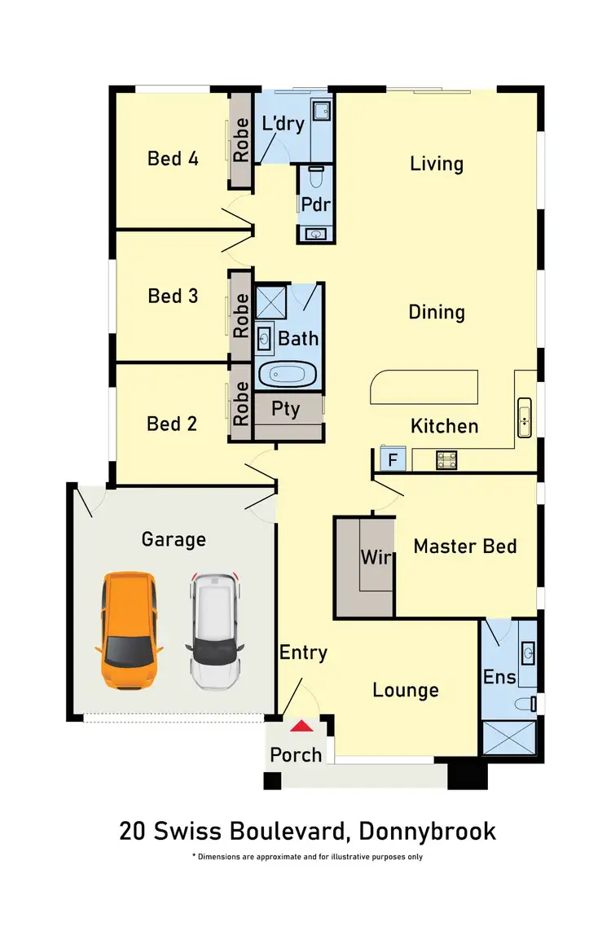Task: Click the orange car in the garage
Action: click(128, 629)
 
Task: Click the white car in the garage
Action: click(215, 630)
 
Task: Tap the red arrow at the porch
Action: click(301, 726)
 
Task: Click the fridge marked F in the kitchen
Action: click(393, 460)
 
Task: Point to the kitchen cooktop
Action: click(446, 461)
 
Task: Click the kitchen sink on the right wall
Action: click(525, 416)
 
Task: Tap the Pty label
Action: click(285, 408)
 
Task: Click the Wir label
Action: click(376, 558)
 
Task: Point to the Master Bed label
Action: click(464, 546)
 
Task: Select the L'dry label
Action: click(283, 125)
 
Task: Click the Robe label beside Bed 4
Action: click(241, 140)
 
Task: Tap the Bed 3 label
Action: click(173, 296)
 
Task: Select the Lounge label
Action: click(405, 690)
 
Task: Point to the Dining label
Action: click(437, 312)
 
